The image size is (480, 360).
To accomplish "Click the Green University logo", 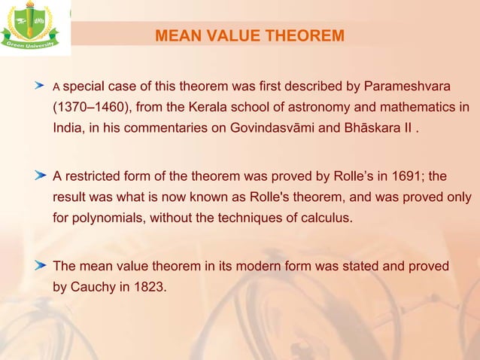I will [x=35, y=28].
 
